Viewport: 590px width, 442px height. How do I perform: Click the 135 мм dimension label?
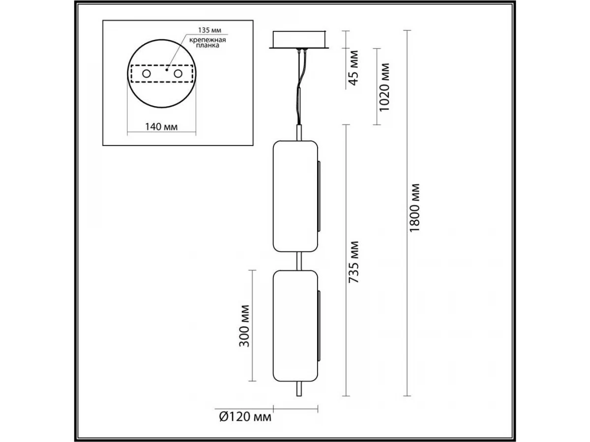click(209, 30)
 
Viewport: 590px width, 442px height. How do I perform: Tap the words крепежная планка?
click(207, 43)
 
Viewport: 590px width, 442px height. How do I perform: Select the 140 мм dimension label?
click(161, 127)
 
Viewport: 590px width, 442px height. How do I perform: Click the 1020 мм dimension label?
click(384, 87)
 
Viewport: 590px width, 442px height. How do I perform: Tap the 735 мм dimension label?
click(354, 262)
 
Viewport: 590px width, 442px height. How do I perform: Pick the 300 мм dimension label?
click(244, 326)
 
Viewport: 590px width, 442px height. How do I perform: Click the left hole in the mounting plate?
click(147, 74)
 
